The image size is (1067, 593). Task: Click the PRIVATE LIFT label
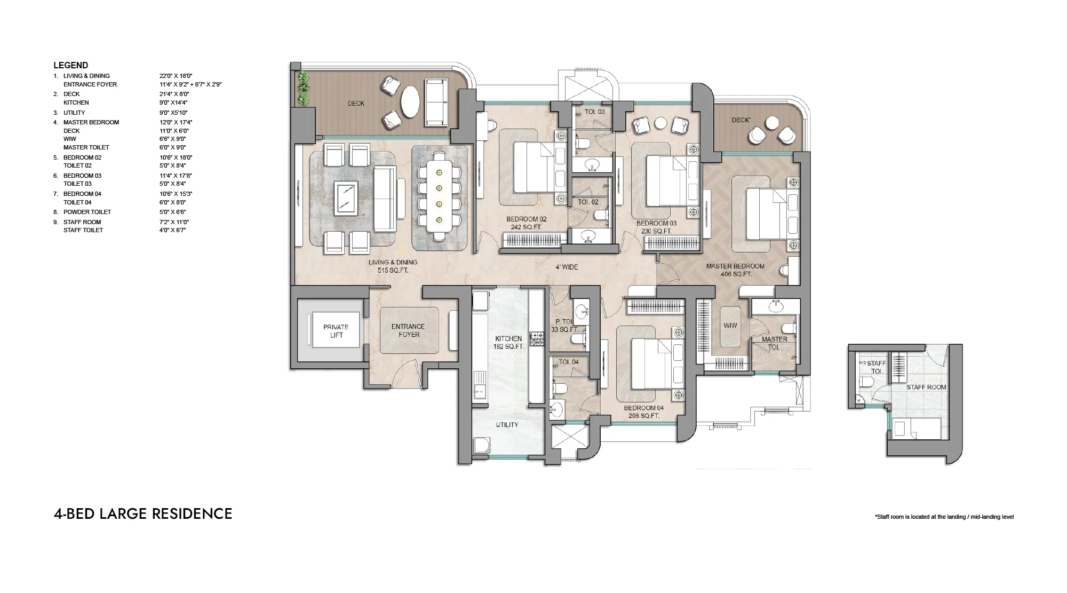336,331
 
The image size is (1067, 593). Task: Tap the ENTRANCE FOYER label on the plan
409,330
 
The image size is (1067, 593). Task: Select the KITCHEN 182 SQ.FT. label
508,343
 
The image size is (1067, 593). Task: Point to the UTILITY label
507,425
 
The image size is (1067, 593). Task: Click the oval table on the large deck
410,102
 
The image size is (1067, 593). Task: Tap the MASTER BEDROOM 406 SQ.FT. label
735,270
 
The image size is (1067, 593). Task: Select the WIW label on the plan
730,326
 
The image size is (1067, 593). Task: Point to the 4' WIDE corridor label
567,267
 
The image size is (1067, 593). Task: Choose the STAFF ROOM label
926,388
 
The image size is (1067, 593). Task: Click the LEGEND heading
70,65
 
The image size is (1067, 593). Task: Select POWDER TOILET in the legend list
87,212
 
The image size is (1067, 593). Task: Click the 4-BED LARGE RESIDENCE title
143,513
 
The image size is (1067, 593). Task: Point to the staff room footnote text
944,517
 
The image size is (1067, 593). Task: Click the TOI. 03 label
595,112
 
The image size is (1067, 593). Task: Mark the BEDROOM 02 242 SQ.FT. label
526,223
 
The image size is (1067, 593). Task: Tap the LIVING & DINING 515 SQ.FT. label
393,266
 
